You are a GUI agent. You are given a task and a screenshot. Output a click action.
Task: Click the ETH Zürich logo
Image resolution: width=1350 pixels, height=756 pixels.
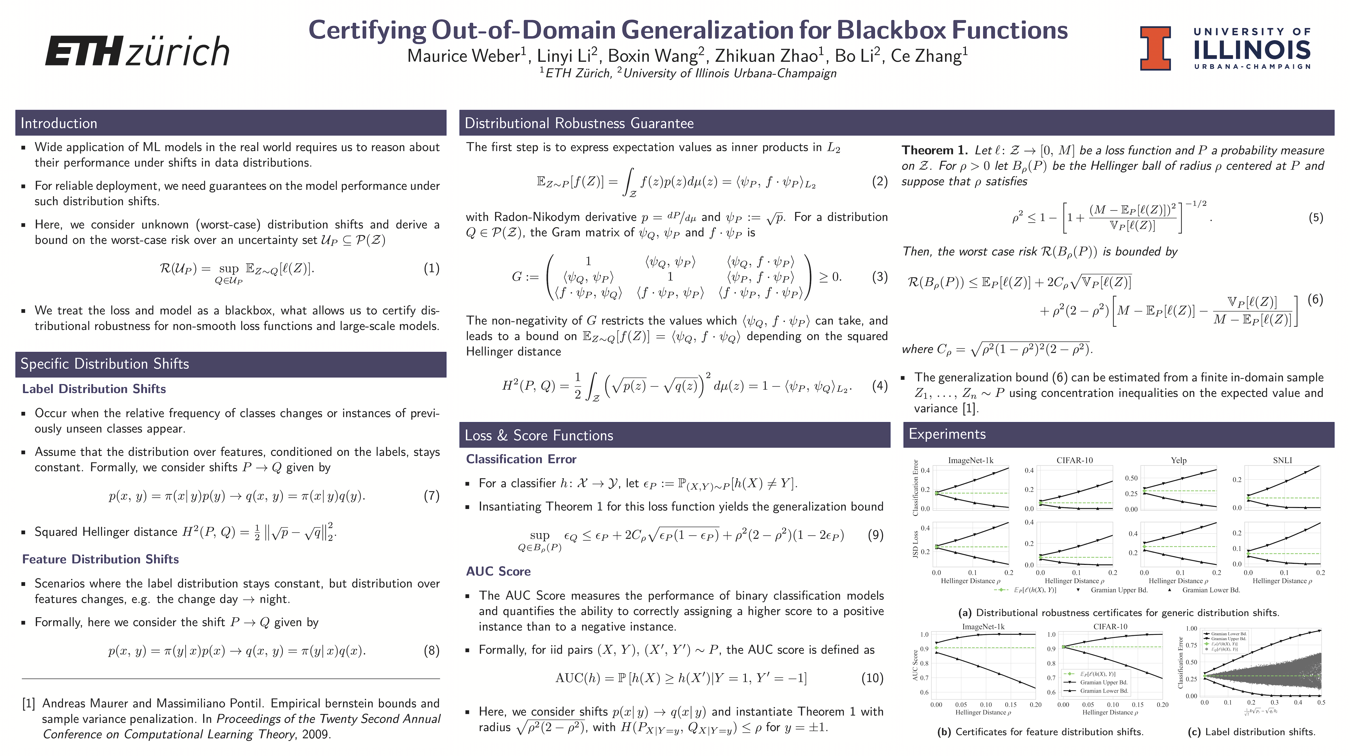point(137,51)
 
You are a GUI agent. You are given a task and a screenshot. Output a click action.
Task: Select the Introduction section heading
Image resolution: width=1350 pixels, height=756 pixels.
point(59,123)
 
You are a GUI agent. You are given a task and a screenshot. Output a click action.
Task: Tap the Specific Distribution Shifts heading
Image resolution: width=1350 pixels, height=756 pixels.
point(105,364)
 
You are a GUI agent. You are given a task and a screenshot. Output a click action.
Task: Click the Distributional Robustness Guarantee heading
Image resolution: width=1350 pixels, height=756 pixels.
point(579,123)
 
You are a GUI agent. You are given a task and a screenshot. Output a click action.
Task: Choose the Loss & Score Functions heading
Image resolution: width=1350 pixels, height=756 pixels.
point(539,435)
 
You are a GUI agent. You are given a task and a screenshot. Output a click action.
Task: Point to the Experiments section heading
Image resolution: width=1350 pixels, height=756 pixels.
point(947,434)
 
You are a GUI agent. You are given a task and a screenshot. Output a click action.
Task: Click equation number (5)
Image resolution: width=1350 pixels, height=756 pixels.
point(1315,218)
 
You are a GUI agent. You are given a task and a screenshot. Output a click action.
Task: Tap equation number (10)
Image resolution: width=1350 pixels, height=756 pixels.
point(872,678)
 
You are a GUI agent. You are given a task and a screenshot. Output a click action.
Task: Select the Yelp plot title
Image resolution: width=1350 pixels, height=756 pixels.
point(1179,460)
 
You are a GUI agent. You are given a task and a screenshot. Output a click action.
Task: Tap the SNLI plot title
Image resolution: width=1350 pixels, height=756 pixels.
point(1282,460)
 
